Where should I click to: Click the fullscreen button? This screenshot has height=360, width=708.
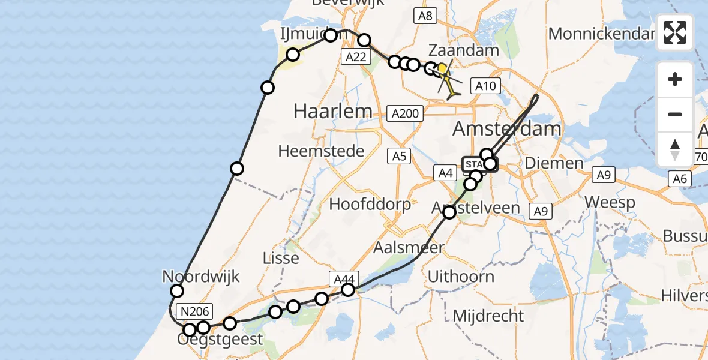point(675,32)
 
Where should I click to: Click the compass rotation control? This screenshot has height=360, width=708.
point(675,149)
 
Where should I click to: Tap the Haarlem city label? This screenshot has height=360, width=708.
point(332,110)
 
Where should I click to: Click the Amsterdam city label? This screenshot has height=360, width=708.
point(507,128)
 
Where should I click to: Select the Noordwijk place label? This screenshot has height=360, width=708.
point(201,277)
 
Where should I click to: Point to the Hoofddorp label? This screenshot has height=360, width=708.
point(370,204)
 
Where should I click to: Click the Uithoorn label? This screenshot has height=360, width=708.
point(461,277)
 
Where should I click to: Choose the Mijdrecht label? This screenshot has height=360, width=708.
point(488,316)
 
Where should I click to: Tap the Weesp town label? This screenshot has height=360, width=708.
point(610,202)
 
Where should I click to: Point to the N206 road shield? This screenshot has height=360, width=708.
point(195,311)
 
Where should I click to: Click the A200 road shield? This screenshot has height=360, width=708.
point(406,112)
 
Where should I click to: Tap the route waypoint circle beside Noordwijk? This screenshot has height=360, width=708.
point(177,291)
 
